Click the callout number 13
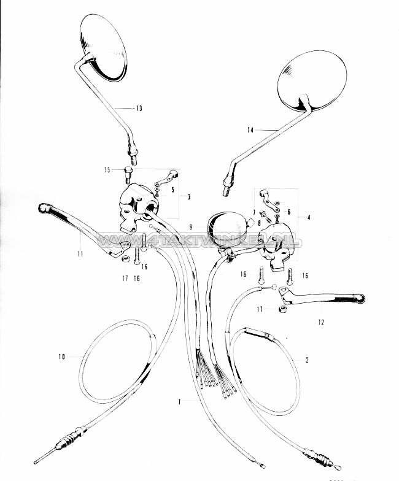139,108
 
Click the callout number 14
250,129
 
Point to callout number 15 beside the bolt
107,171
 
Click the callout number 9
192,226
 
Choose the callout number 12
322,321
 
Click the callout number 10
61,355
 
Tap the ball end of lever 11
45,208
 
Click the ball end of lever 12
362,299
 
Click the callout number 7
253,212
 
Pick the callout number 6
288,211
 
